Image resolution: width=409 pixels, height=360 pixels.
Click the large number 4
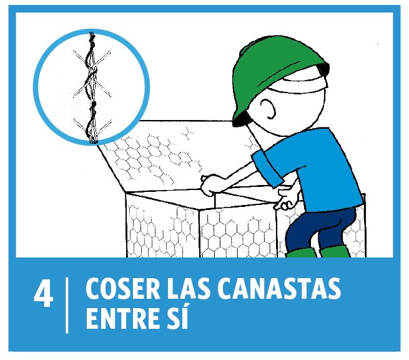tap(44, 294)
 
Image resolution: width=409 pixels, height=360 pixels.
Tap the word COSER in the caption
tap(123, 289)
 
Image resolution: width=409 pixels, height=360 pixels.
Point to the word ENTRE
tap(122, 319)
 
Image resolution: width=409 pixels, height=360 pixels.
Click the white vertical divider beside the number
tap(67, 305)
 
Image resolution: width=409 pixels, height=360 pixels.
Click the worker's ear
tap(268, 108)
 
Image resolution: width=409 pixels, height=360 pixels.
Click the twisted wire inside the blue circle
tap(92, 87)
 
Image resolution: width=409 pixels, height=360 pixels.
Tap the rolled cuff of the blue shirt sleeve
tap(267, 170)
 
